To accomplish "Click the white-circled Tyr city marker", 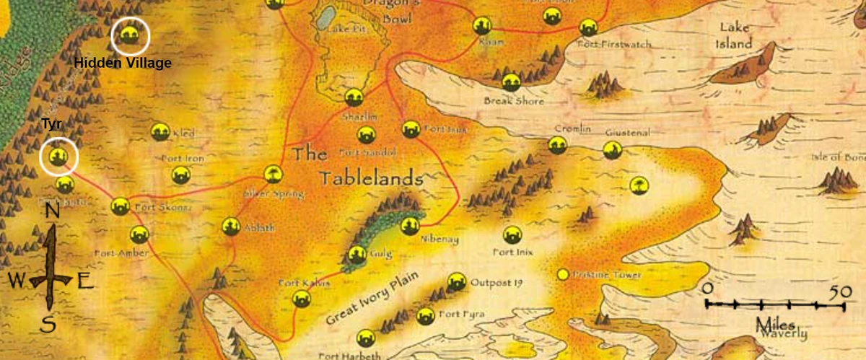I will coord(58,156).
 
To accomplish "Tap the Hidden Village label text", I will coord(123,63).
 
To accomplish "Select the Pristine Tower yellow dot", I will coord(562,275).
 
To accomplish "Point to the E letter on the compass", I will coord(85,282).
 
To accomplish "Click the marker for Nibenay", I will coord(410,225).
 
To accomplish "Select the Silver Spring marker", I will coord(273,174).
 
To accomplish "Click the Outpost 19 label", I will coord(495,282).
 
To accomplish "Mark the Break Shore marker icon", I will coord(512,82).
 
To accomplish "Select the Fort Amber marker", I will coord(139,234).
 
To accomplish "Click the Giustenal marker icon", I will coord(613,149).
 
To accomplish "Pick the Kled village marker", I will coord(159,131).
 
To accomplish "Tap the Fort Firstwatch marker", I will coord(588,28).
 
